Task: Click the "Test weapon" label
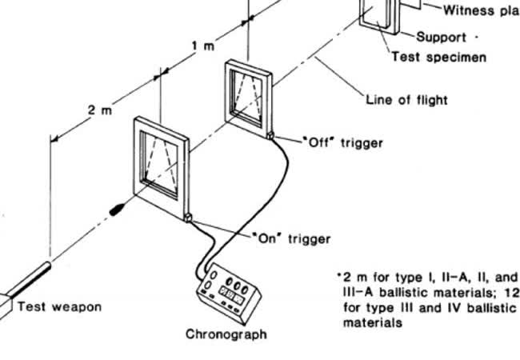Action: (x=59, y=306)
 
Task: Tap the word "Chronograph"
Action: (x=226, y=334)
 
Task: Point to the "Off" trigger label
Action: (x=343, y=142)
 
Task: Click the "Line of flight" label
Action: (x=406, y=100)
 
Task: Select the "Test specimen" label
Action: (x=438, y=58)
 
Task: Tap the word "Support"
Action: (x=441, y=38)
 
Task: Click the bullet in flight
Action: (x=118, y=210)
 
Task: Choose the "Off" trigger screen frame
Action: (x=250, y=97)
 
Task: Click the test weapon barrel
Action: (x=32, y=277)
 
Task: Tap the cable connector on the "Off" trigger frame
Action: (x=272, y=136)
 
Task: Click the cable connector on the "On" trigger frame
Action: (x=188, y=217)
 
